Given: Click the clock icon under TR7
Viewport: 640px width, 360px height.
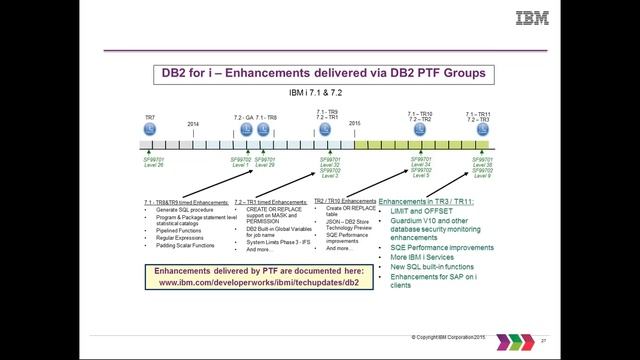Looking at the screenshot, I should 149,130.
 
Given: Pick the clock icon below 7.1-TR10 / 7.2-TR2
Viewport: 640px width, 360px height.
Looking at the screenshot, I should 420,130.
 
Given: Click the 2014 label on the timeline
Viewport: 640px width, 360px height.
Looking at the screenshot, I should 193,124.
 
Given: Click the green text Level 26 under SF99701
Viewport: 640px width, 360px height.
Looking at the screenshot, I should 153,165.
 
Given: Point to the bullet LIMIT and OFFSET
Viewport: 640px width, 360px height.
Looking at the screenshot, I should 411,212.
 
